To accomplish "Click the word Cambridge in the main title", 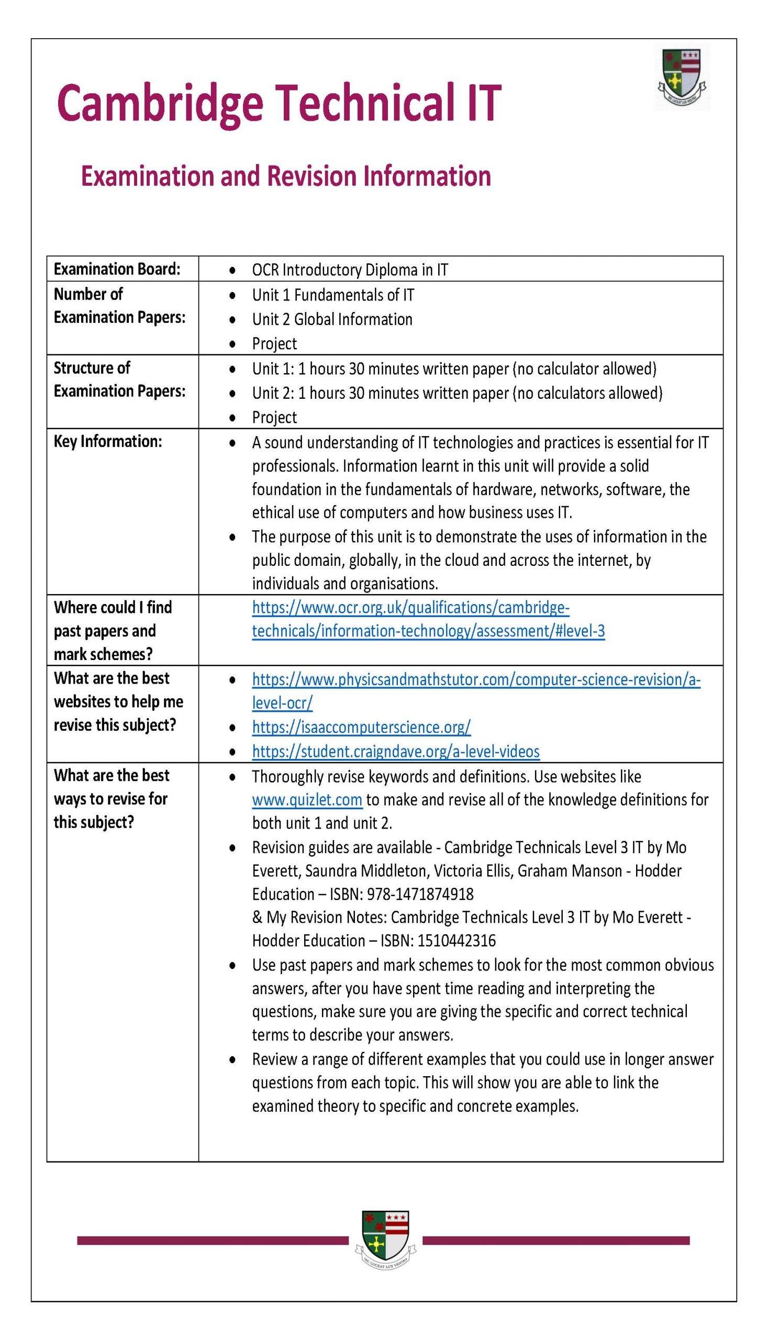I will coord(160,104).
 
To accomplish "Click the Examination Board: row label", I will coord(117,269).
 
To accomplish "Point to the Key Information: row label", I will coord(108,441).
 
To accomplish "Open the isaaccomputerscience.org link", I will coord(361,727).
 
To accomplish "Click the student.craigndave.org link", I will coord(396,752).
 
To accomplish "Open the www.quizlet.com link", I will coord(307,800).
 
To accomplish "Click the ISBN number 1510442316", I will coord(457,941).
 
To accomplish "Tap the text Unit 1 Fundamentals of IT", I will coord(333,295).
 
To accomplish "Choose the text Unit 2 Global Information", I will coord(332,319).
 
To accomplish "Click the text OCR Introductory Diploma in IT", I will coord(350,270).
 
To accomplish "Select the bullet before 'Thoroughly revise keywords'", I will coord(232,777).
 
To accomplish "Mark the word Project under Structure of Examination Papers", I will coord(274,417).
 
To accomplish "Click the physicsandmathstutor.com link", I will coord(476,680).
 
